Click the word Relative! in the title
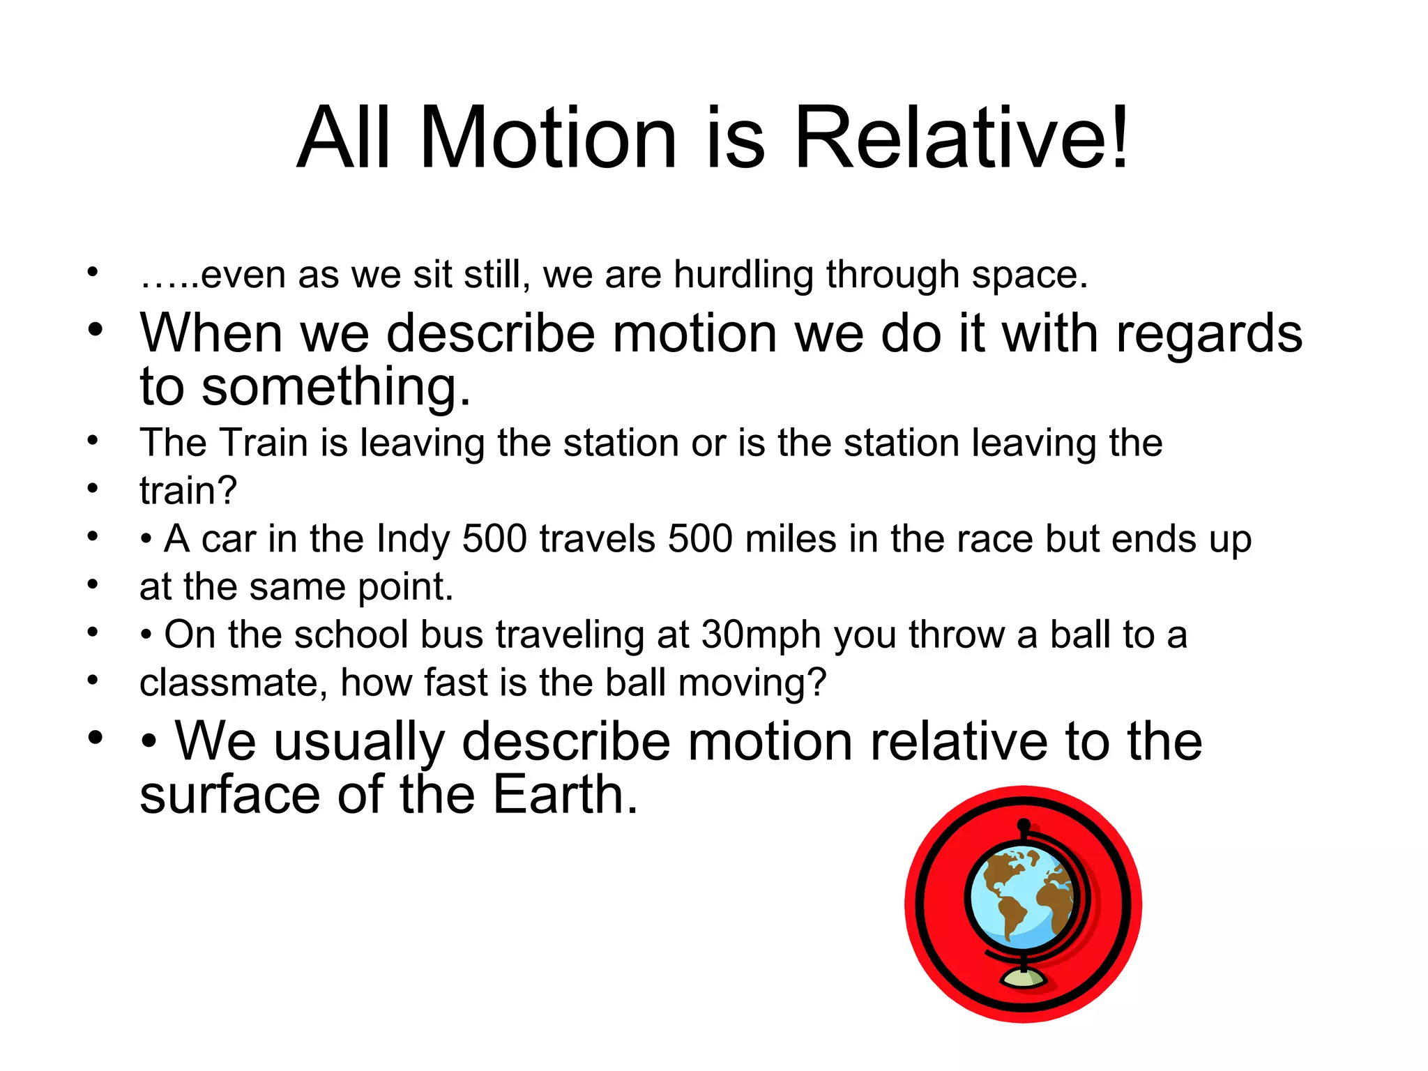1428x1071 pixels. (961, 137)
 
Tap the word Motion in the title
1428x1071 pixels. (548, 137)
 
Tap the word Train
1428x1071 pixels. (264, 443)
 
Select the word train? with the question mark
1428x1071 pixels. (188, 491)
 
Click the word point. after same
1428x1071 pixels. (406, 588)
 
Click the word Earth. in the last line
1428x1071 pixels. (565, 796)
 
